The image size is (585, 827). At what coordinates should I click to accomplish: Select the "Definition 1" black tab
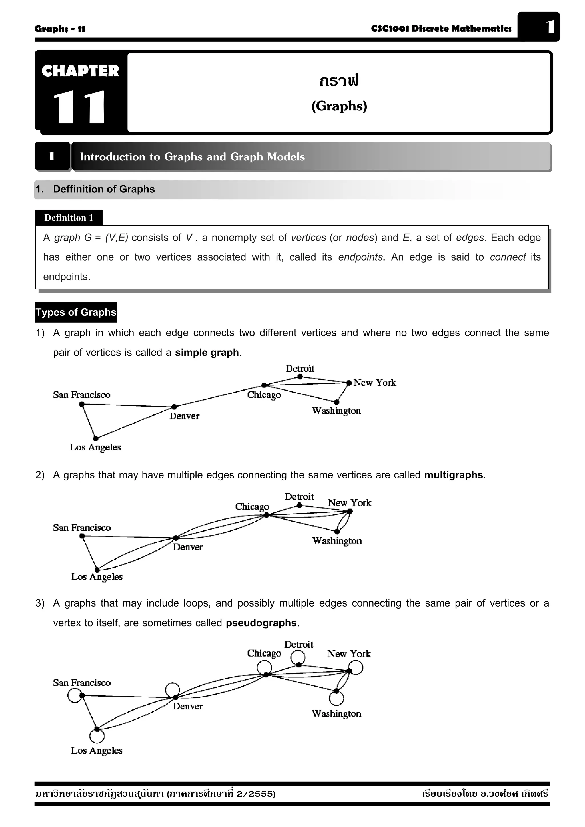tap(69, 218)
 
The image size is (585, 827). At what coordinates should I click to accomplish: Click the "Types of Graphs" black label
tap(76, 312)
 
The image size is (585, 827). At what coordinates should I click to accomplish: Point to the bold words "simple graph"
tap(207, 352)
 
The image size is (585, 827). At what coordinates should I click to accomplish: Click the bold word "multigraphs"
tap(453, 475)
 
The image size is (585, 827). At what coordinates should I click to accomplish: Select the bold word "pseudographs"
tap(261, 623)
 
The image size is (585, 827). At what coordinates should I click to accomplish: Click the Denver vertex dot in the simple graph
tap(174, 407)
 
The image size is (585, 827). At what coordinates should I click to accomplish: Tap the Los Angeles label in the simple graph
tap(95, 447)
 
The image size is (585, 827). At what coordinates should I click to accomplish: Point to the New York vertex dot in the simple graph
tap(349, 383)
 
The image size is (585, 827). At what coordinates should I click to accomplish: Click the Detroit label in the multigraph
tap(299, 497)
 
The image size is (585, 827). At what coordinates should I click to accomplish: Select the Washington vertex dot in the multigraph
tap(337, 531)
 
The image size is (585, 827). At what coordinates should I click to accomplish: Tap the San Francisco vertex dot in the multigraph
tap(82, 536)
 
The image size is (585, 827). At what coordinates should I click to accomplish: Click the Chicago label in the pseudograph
tap(264, 653)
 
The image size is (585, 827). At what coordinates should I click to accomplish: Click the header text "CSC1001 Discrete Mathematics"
tap(441, 29)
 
